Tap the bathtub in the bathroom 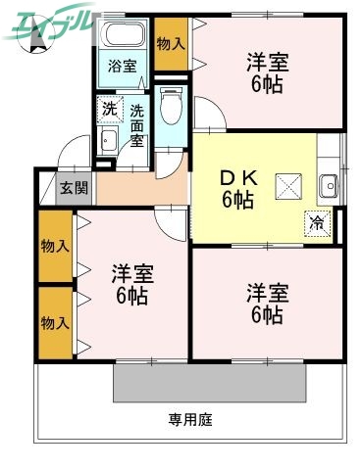(123, 38)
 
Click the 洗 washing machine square (109, 108)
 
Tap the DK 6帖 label (236, 189)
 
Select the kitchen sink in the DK (330, 183)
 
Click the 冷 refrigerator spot (316, 222)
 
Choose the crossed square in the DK (289, 183)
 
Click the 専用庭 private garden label (189, 420)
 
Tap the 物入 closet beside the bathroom (171, 44)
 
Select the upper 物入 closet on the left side (55, 245)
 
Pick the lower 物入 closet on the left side (55, 321)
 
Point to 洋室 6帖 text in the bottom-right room (265, 304)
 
